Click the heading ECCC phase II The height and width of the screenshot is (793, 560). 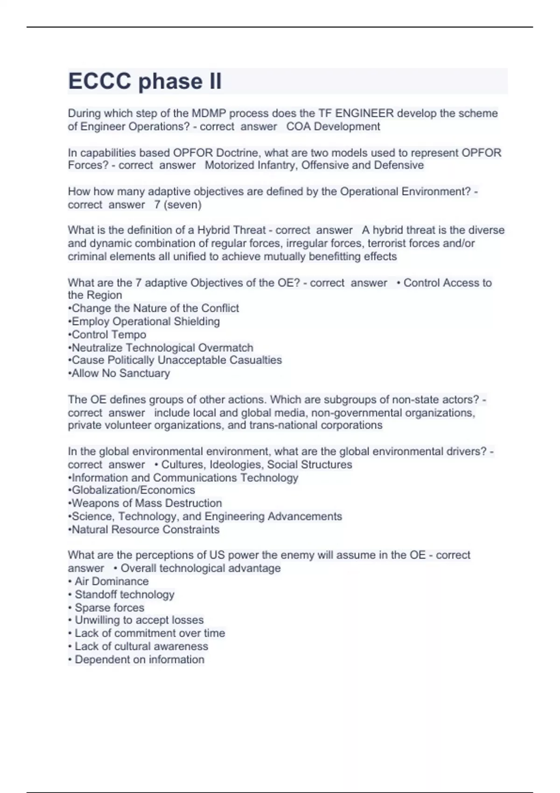point(145,81)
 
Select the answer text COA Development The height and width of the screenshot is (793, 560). point(333,126)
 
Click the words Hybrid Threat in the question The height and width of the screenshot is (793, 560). point(231,230)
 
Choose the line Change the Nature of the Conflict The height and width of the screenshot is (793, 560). point(155,308)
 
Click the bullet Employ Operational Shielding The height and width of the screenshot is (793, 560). point(146,321)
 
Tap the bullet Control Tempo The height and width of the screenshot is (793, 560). point(109,334)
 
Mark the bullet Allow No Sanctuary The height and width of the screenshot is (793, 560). point(120,373)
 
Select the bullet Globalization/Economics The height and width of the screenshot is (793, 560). point(133,490)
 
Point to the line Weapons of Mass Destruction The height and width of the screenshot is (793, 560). point(147,503)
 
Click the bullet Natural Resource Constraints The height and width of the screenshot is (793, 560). point(145,529)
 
